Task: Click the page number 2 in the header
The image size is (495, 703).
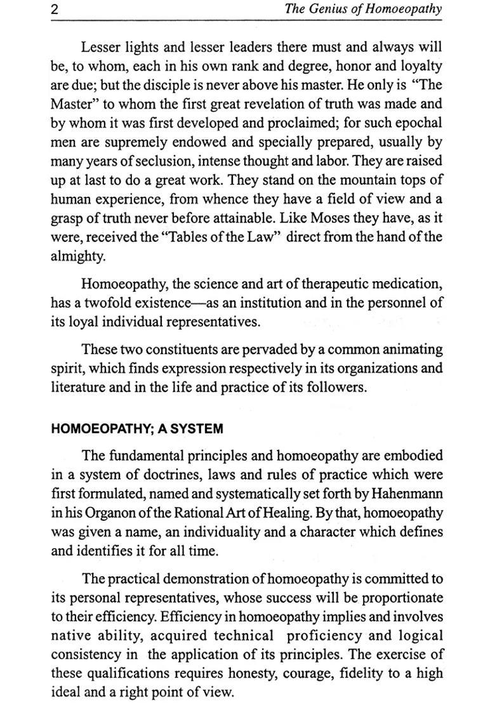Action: coord(55,9)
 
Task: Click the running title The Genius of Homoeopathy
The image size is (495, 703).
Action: coord(364,9)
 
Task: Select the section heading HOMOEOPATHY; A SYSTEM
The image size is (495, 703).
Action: coord(136,429)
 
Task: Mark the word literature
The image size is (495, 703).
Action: coord(77,387)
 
